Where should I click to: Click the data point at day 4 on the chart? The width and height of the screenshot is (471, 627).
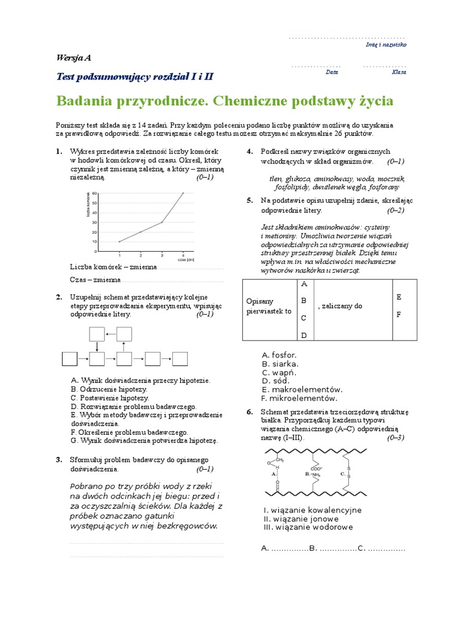click(183, 193)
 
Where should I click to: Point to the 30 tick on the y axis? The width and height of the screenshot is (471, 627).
click(94, 222)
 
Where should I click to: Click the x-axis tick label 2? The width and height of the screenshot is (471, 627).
click(140, 254)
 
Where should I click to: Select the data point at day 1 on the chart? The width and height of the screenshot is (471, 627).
click(119, 242)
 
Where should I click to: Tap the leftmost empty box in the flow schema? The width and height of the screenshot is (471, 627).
click(69, 358)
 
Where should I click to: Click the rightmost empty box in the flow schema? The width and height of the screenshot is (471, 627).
click(180, 358)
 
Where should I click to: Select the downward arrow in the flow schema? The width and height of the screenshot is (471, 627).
click(97, 346)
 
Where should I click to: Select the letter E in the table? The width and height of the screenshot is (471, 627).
click(399, 297)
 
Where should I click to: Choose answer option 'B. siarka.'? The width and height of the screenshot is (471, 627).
click(280, 364)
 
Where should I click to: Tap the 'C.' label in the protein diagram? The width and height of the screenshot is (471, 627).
click(342, 473)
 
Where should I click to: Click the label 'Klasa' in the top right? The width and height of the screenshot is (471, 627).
click(399, 72)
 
